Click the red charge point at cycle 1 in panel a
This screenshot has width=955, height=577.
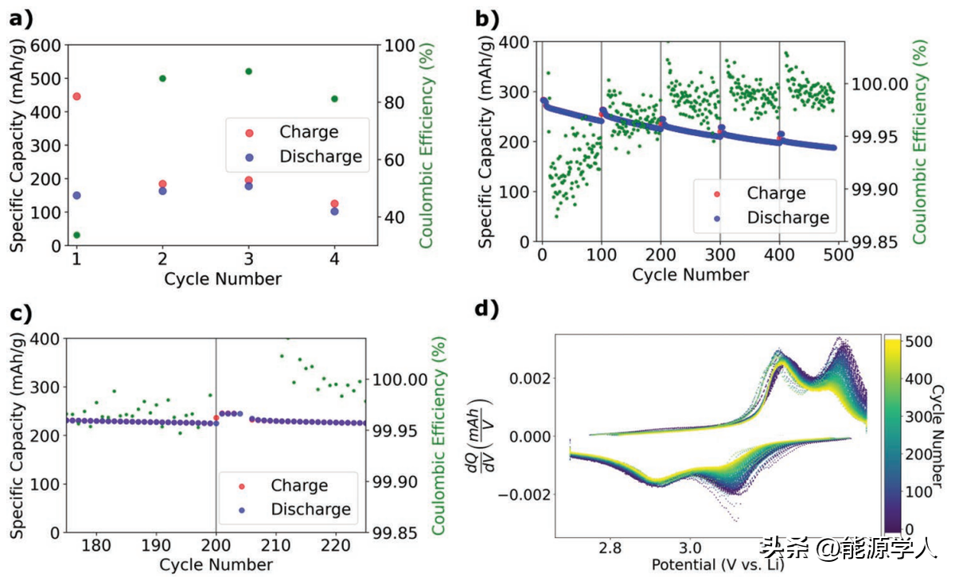click(76, 97)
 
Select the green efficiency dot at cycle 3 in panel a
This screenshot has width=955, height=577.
click(248, 72)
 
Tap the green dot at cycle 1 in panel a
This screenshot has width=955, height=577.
click(76, 236)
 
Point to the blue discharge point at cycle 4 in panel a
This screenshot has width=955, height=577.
click(334, 212)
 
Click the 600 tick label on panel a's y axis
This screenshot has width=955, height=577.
click(46, 45)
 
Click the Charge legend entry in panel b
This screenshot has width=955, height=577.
click(776, 193)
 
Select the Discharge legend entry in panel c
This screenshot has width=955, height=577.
click(310, 509)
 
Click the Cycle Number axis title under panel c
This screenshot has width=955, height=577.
click(216, 564)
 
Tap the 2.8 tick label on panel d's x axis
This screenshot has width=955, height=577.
click(610, 548)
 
